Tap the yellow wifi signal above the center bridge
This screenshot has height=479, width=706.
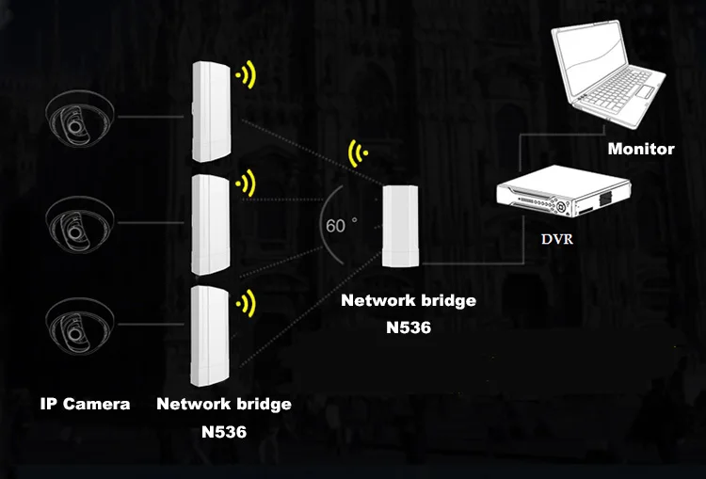(x=359, y=152)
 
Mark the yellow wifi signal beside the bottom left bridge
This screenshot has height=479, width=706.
(x=247, y=303)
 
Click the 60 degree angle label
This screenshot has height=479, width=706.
(x=339, y=226)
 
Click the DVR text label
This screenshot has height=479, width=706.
(x=556, y=239)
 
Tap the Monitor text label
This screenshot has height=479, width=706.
(x=641, y=149)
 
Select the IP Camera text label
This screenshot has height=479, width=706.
(x=85, y=405)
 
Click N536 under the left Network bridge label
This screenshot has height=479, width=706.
(x=224, y=431)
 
